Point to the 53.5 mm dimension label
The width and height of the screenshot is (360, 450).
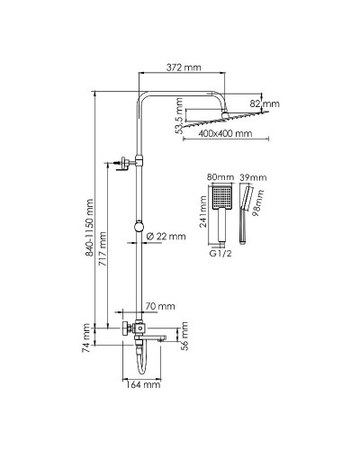click(x=182, y=116)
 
